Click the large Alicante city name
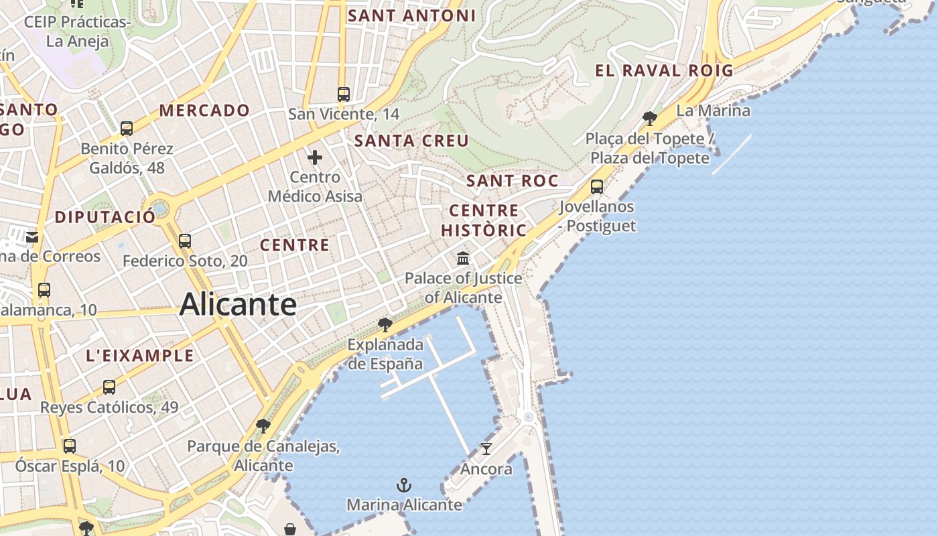click(238, 305)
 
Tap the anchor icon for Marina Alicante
click(404, 485)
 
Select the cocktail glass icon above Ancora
click(486, 448)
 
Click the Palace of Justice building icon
click(463, 258)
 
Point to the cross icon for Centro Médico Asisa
click(315, 158)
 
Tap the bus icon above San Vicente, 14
click(344, 94)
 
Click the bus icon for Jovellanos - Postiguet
click(597, 187)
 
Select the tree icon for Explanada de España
click(385, 325)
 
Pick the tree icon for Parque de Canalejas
click(263, 425)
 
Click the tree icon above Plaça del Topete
click(649, 119)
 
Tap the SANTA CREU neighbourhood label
click(411, 141)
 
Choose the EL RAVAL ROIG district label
click(664, 70)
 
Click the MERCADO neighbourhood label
click(204, 111)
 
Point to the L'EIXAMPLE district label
click(140, 356)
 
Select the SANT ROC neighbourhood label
click(512, 181)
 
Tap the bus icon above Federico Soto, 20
click(185, 241)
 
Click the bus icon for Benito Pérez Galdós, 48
click(127, 129)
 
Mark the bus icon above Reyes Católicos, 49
click(109, 387)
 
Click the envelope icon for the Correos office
click(32, 237)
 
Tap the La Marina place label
click(713, 111)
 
